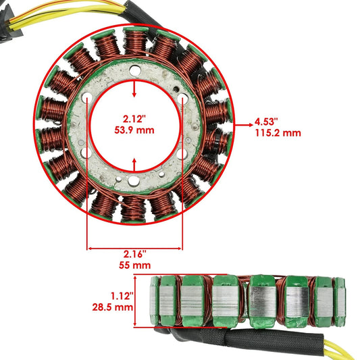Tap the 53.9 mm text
[x=136, y=131]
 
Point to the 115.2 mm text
[x=278, y=133]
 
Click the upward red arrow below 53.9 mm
[x=136, y=163]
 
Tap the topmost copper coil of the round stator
[x=135, y=43]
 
